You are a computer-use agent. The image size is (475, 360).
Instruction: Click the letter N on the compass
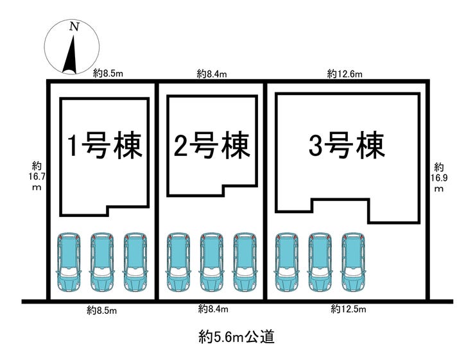[x=74, y=27]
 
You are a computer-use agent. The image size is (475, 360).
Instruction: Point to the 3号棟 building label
[x=347, y=147]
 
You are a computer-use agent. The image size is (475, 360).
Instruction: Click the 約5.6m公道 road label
[x=237, y=336]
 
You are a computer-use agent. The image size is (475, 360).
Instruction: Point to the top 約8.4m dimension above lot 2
[x=212, y=74]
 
